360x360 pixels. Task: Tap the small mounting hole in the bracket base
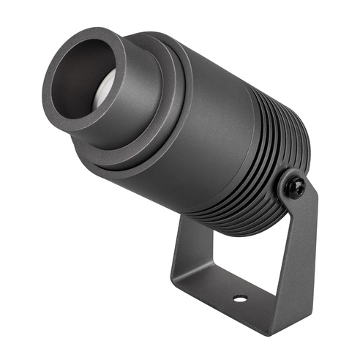tap(239, 299)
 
